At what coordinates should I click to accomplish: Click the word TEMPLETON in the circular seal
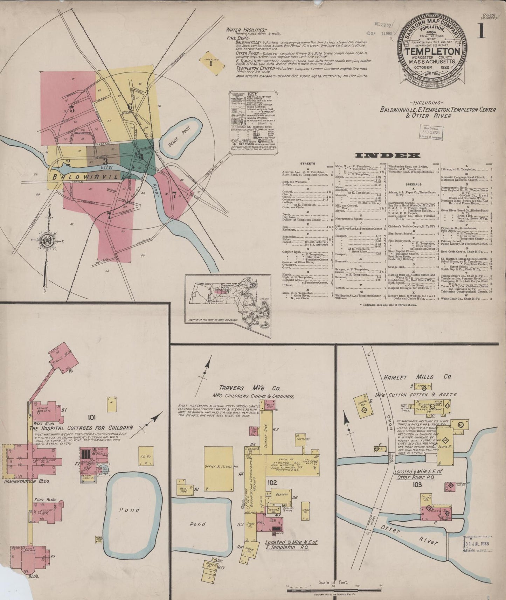coord(432,51)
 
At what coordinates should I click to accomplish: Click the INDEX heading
coord(387,155)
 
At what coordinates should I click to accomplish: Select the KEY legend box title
coord(252,94)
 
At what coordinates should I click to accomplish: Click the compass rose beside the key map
coord(47,240)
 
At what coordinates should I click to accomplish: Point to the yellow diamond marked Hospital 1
coord(211,63)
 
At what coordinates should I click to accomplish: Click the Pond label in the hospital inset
coord(129,510)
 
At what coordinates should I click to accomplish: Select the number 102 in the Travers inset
coord(272,483)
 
